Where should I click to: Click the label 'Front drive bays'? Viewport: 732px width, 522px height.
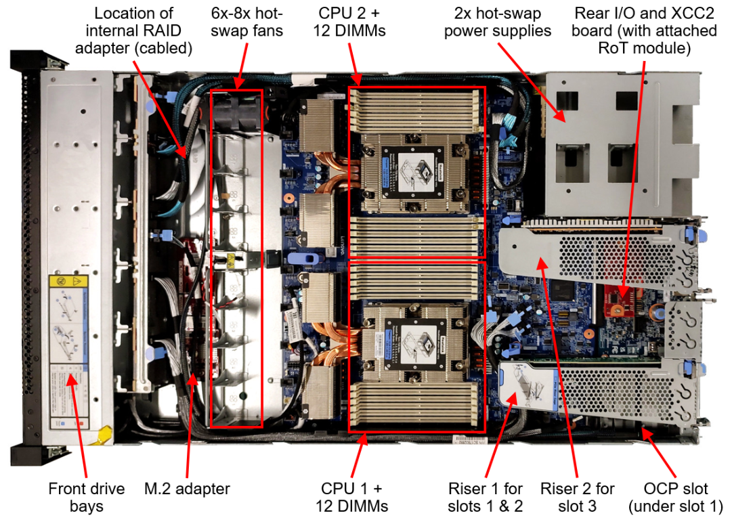click(x=86, y=497)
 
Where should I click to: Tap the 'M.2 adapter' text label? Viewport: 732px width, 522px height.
click(x=188, y=489)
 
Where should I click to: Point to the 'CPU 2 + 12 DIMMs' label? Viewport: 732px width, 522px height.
click(x=351, y=22)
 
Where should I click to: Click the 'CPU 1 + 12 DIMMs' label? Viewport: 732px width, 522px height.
click(x=351, y=497)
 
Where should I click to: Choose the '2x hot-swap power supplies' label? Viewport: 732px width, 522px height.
click(x=498, y=22)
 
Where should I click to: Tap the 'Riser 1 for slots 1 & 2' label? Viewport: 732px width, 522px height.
click(x=485, y=497)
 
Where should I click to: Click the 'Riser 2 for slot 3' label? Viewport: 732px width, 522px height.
click(x=578, y=497)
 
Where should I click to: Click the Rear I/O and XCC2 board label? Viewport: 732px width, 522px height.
click(x=645, y=30)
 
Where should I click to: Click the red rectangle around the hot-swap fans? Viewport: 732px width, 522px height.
click(x=211, y=257)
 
